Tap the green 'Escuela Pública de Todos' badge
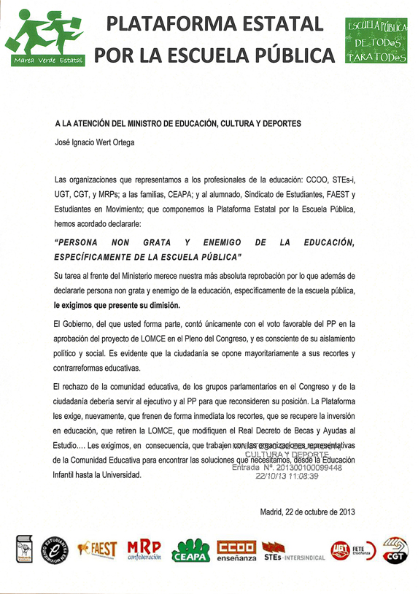click(x=376, y=42)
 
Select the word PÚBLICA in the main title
click(x=292, y=55)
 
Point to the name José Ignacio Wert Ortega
click(x=94, y=143)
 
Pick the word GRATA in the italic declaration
click(x=157, y=242)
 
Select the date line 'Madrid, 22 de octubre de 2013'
click(x=307, y=511)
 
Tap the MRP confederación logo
click(x=144, y=549)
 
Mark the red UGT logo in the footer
click(x=339, y=549)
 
